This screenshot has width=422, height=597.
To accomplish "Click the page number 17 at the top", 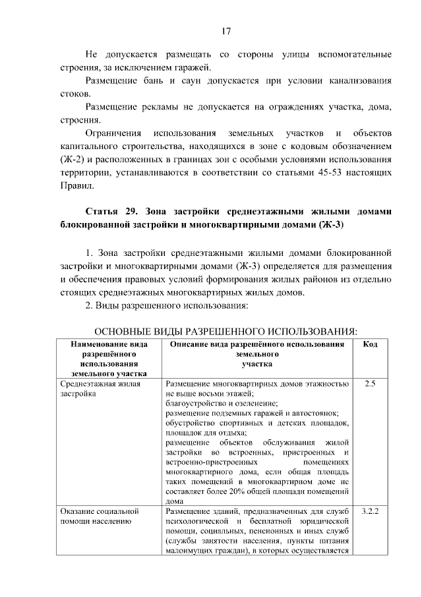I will (225, 31).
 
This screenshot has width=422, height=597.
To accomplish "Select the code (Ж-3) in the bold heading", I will (332, 225).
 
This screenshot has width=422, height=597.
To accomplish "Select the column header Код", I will (371, 344).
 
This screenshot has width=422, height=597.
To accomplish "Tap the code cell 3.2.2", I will (370, 511).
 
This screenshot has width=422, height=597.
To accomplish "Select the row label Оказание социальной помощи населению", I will (98, 516).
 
